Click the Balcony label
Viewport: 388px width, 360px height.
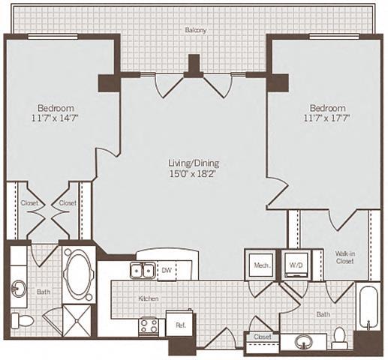pyautogui.click(x=196, y=30)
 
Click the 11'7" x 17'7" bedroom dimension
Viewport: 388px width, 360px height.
pyautogui.click(x=327, y=118)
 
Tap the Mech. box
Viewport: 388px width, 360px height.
pyautogui.click(x=261, y=265)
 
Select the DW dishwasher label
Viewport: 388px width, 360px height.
pyautogui.click(x=168, y=271)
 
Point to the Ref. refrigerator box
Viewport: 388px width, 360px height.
pyautogui.click(x=180, y=324)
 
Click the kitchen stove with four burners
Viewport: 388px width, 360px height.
pyautogui.click(x=148, y=325)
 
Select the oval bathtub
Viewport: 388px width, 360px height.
pyautogui.click(x=77, y=274)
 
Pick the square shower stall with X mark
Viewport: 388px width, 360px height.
pyautogui.click(x=77, y=319)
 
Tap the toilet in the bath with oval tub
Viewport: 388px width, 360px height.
pyautogui.click(x=24, y=321)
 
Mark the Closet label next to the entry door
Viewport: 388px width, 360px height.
pyautogui.click(x=262, y=337)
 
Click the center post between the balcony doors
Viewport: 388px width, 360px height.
pyautogui.click(x=194, y=66)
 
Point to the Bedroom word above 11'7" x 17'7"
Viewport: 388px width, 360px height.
pyautogui.click(x=327, y=107)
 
